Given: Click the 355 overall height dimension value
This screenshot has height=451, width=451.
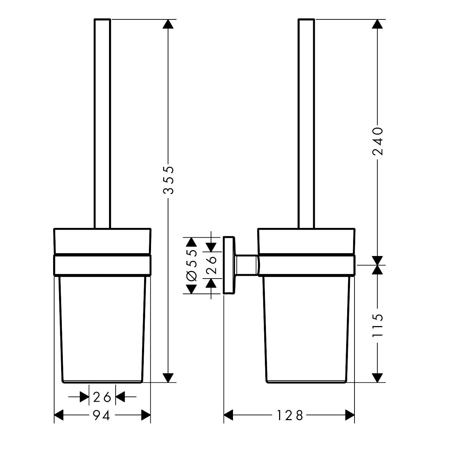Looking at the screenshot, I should coord(168,180).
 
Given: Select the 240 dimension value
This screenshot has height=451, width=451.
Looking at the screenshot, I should coord(377,141).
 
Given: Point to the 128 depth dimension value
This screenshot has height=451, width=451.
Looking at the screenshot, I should coord(290,415).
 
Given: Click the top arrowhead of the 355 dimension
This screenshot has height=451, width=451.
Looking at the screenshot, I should coord(168,24).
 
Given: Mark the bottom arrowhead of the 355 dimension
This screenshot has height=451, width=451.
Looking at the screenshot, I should coord(168,377).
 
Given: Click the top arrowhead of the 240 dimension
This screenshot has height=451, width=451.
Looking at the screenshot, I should coord(377,24).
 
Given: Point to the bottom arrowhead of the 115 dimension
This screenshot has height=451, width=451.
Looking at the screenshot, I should coord(377,377).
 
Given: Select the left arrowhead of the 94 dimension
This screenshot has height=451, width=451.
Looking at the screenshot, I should coord(59,415).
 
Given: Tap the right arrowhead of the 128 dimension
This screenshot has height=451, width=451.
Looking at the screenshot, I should coord(350,415).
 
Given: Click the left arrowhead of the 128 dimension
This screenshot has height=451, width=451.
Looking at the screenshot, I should coord(228,415).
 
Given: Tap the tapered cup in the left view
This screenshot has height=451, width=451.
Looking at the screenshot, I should coord(102,330).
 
